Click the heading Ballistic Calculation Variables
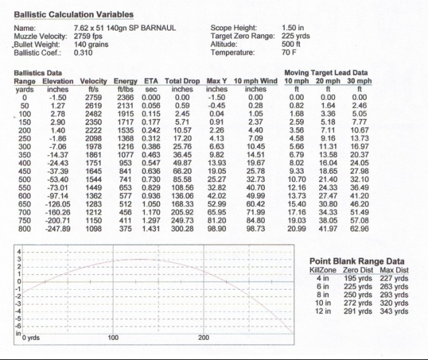click(x=74, y=15)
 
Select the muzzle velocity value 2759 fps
click(x=88, y=36)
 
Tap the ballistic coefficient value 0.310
click(x=83, y=52)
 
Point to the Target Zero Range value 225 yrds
click(x=296, y=36)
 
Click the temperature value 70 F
click(x=289, y=52)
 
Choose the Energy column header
click(x=125, y=81)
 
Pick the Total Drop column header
click(x=182, y=81)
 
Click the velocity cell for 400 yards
click(x=94, y=163)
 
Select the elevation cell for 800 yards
click(x=58, y=229)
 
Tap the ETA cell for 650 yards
click(x=151, y=204)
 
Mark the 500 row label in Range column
click(x=25, y=179)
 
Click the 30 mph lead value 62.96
click(x=360, y=229)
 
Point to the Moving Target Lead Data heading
click(x=326, y=73)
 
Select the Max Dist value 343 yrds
click(x=394, y=311)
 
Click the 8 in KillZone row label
click(x=323, y=294)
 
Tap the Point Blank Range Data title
click(x=356, y=261)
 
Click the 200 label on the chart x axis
click(x=203, y=338)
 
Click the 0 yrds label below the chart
click(x=31, y=338)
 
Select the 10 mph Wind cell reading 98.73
click(x=255, y=229)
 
